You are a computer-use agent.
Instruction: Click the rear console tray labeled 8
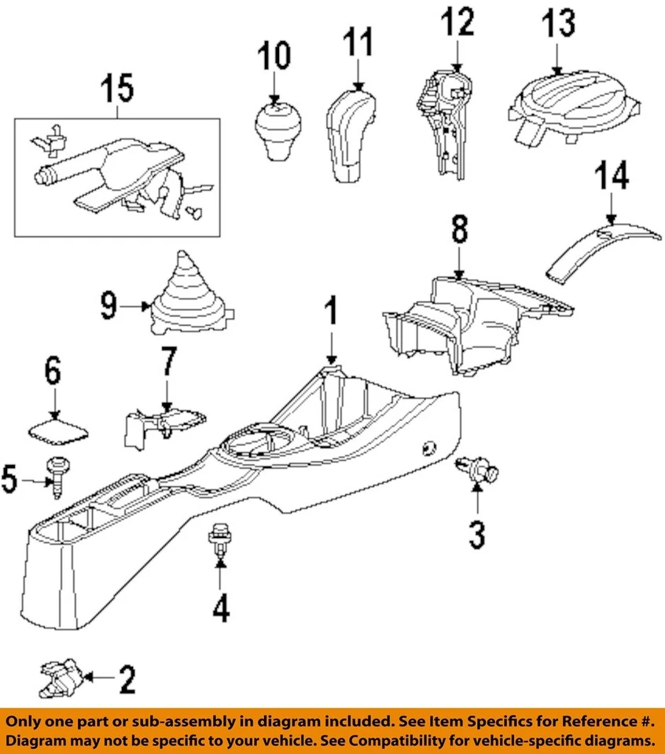(x=472, y=322)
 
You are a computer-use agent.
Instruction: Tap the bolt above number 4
(x=218, y=540)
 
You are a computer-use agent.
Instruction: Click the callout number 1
(x=332, y=313)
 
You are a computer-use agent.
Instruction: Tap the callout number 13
(x=557, y=24)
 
